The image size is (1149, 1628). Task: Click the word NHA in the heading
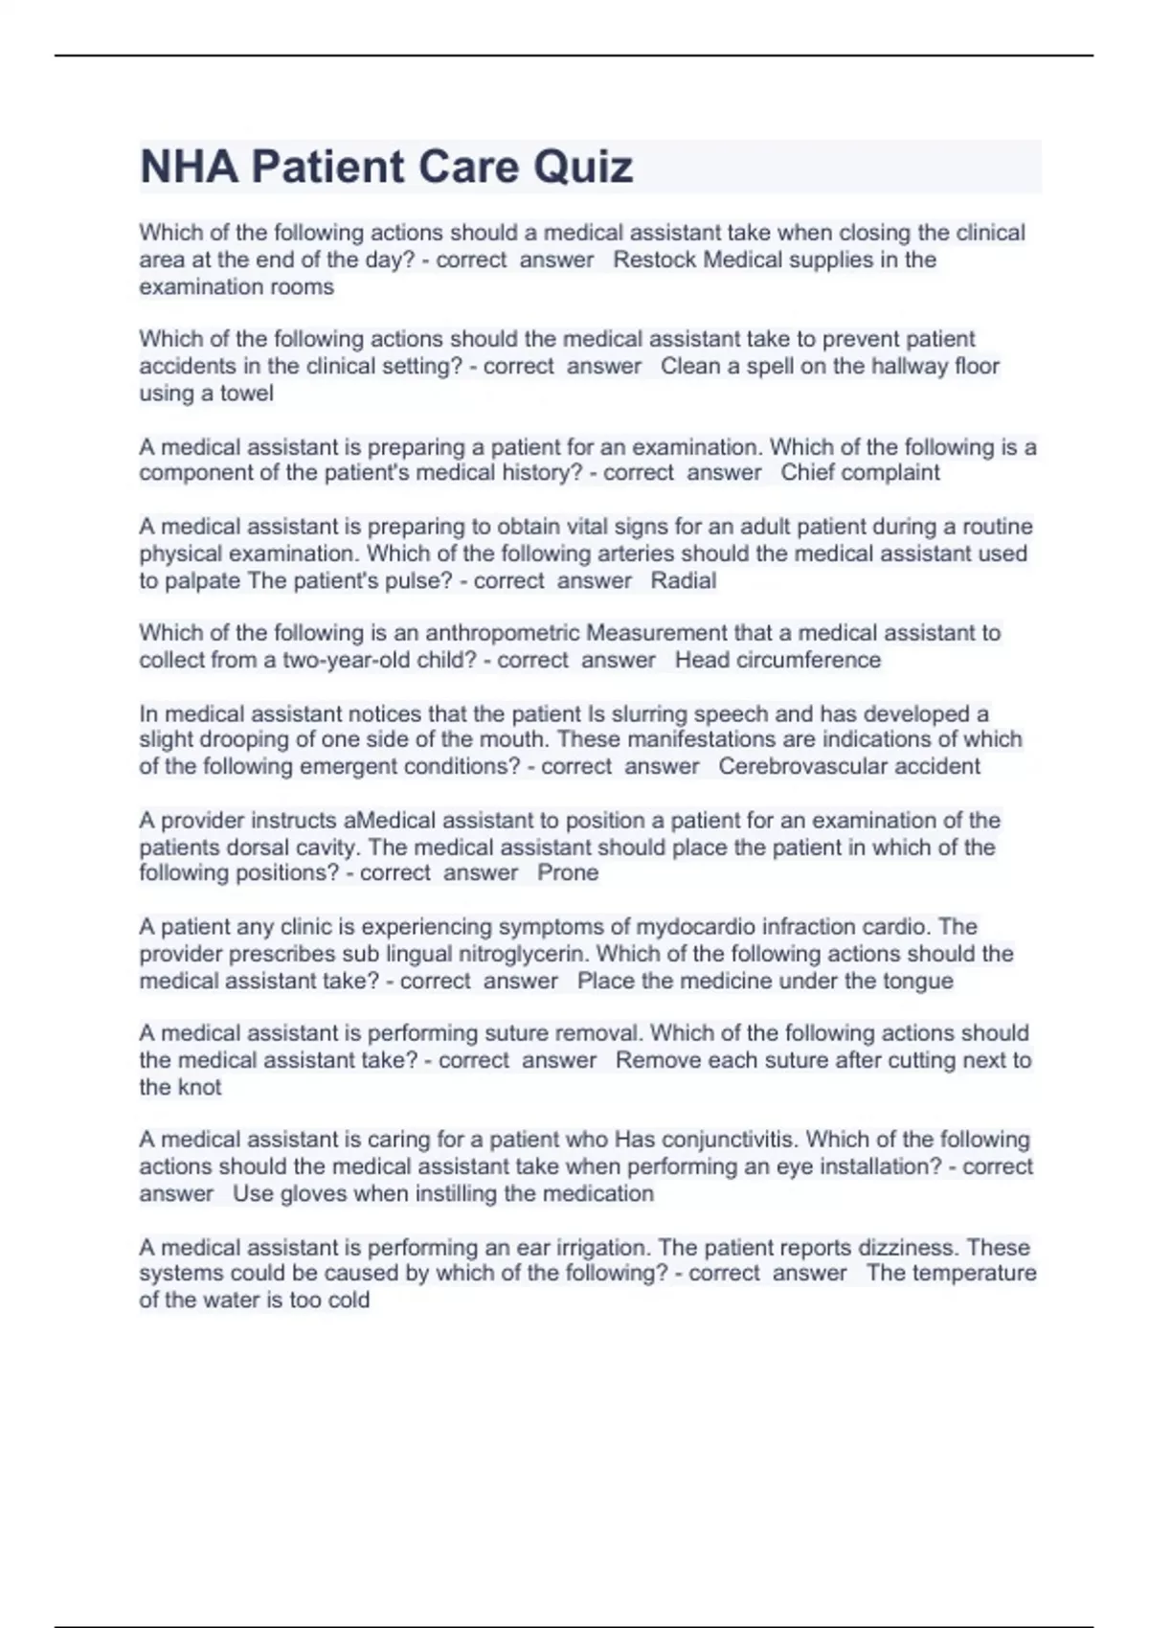189,167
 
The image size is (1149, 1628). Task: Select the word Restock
655,260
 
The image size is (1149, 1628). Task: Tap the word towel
247,393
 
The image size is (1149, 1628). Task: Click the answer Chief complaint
860,472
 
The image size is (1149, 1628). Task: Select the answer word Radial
684,580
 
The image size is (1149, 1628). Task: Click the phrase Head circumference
777,660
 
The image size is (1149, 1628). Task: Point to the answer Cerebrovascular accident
849,766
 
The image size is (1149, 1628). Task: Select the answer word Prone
568,872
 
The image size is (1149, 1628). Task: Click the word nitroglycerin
524,954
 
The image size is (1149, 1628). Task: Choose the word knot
199,1087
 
